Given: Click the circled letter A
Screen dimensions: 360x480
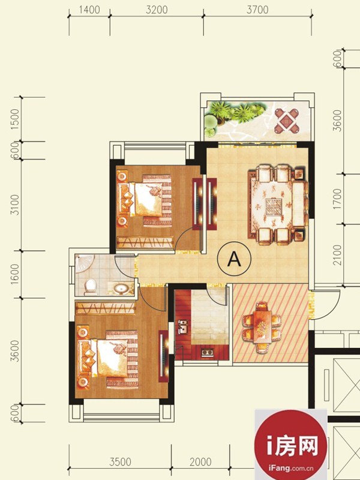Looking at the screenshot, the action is pos(234,259).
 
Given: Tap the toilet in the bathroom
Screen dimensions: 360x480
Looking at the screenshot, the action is pos(91,286).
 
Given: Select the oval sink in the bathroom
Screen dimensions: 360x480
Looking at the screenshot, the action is pos(122,289).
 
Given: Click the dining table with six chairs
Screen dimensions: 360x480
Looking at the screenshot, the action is pos(262,327).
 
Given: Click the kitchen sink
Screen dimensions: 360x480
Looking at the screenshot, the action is pos(183,327).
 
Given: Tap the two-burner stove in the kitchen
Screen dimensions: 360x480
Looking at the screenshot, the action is pos(207,352).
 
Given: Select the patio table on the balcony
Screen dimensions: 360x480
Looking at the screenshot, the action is pos(286,121).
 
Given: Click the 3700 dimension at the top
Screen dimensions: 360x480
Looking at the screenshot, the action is pos(257,10).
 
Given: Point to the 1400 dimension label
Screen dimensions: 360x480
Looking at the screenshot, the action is pos(89,10).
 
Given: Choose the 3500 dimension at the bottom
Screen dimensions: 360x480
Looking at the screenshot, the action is pos(121,461).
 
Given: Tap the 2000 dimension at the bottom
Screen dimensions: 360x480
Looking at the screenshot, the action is pos(200,461).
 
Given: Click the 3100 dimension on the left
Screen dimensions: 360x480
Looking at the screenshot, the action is pos(15,205).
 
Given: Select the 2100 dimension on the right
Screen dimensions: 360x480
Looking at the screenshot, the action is pos(337,254).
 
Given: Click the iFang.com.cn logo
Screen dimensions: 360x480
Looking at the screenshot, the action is pos(291,445).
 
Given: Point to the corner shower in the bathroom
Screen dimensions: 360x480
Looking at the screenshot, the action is pos(83,262).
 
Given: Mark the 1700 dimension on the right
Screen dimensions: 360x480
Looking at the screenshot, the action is pos(337,199).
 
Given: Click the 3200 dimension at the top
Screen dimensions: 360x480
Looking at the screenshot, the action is pos(157,10).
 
